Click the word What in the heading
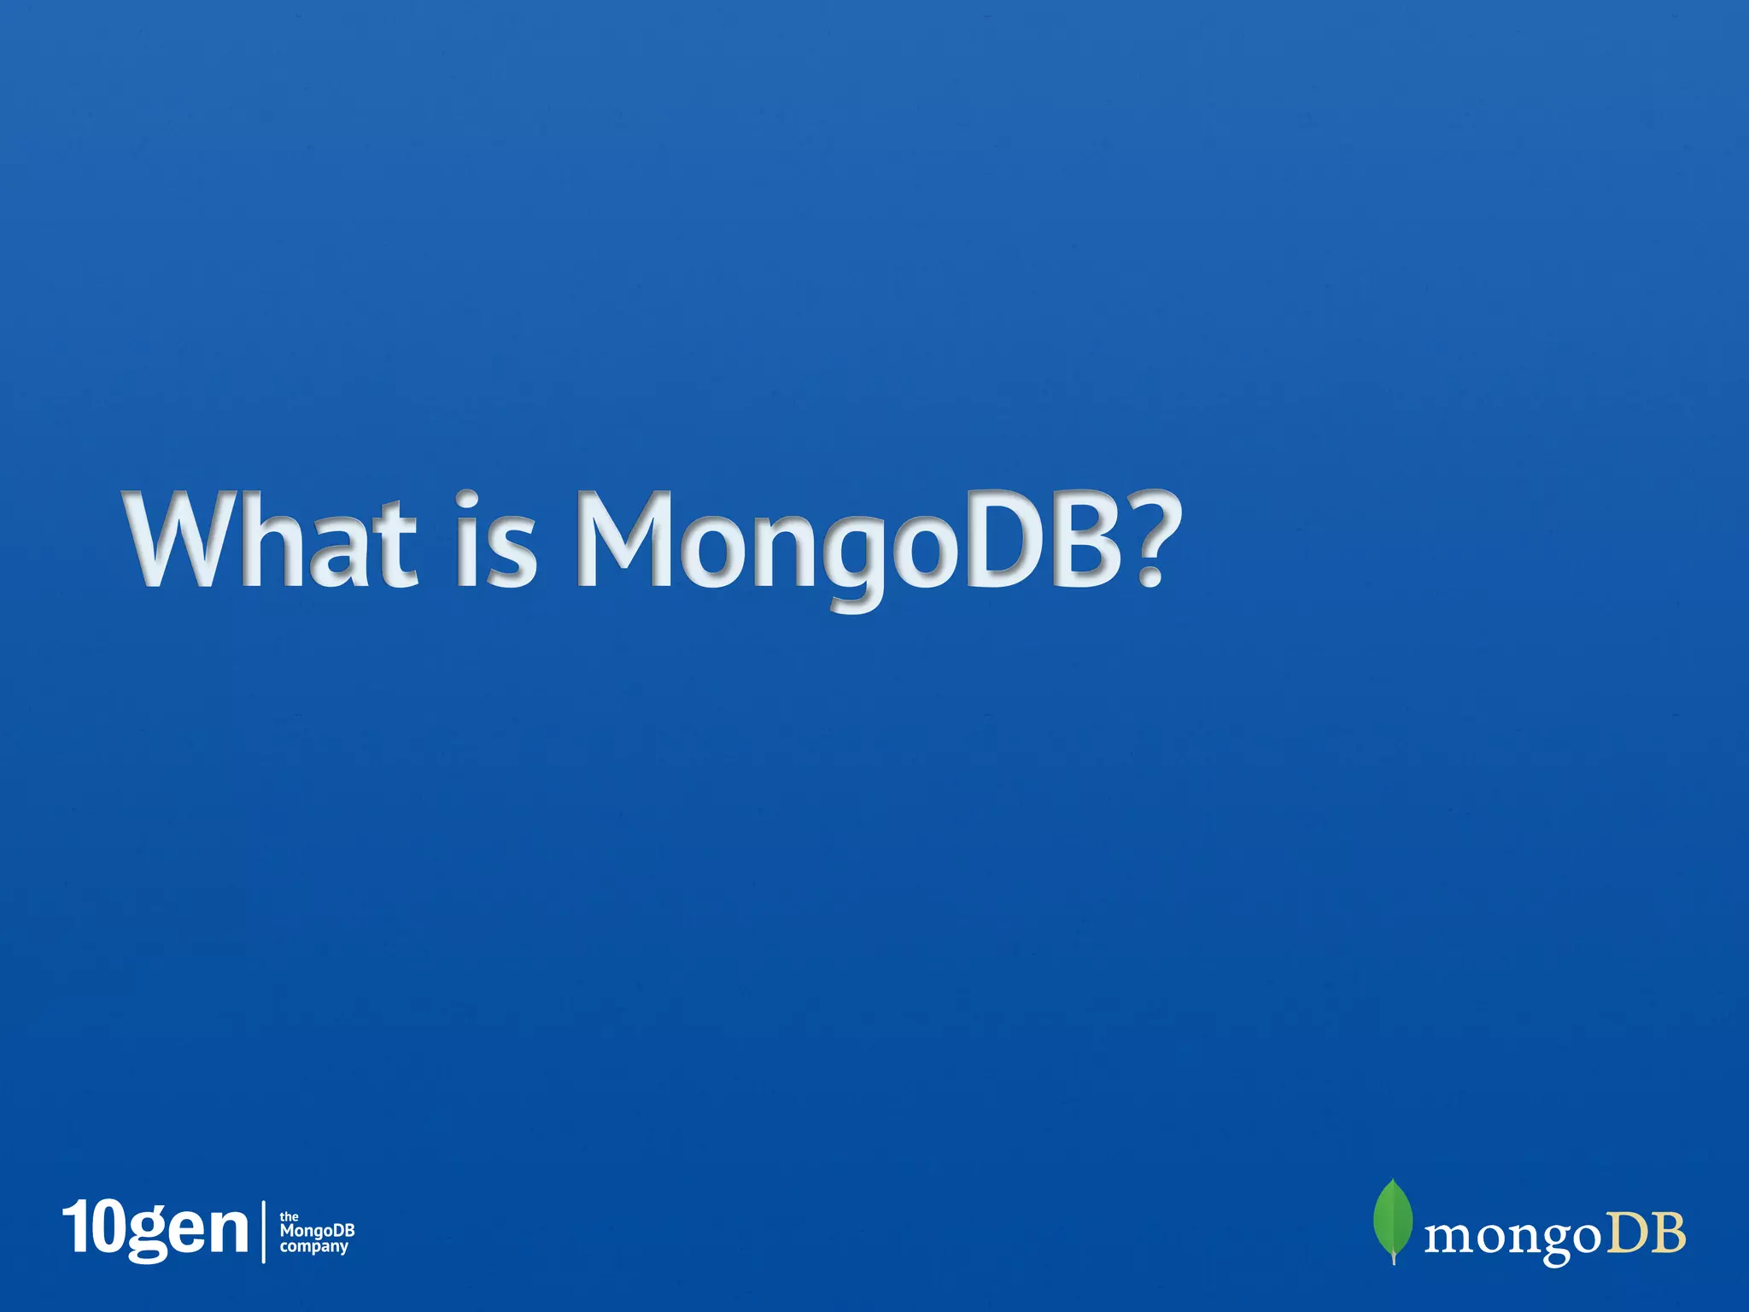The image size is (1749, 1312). point(272,540)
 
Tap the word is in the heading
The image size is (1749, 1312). point(496,540)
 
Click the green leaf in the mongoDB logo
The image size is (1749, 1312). point(1392,1216)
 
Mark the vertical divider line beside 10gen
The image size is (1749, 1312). point(263,1231)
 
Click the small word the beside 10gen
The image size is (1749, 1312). point(290,1216)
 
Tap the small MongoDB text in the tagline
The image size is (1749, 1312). point(317,1232)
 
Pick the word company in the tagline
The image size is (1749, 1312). point(314,1247)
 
